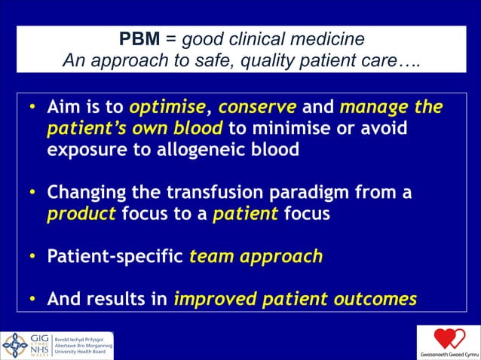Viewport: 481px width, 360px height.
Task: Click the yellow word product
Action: click(81, 214)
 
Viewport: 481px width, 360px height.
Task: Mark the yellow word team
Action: click(212, 257)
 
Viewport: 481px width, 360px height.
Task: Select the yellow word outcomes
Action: click(374, 299)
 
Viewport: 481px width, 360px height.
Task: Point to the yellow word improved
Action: click(209, 299)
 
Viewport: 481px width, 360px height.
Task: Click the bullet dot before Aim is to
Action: click(32, 108)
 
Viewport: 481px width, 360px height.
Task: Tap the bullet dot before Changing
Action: click(32, 193)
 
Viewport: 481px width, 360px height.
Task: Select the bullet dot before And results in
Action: click(32, 299)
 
